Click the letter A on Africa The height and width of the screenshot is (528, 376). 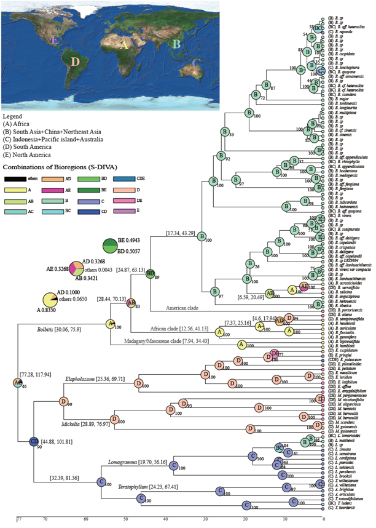pyautogui.click(x=125, y=44)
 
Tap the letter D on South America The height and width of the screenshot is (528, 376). pyautogui.click(x=75, y=62)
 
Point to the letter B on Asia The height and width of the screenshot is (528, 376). pyautogui.click(x=176, y=44)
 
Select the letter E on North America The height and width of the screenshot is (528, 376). pyautogui.click(x=56, y=41)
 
